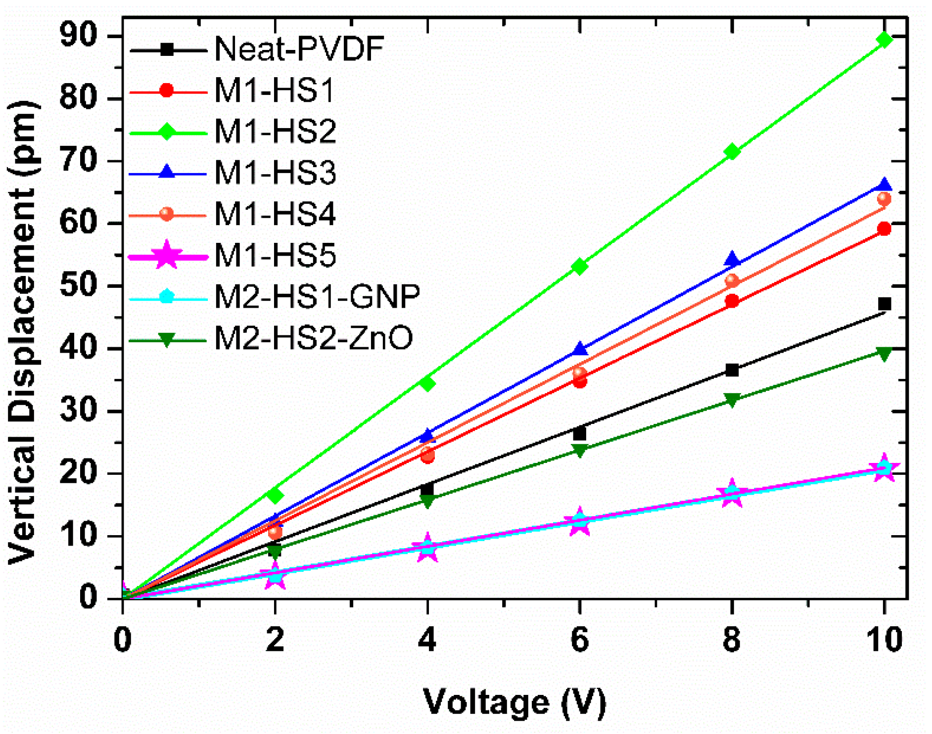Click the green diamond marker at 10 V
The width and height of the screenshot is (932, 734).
point(884,40)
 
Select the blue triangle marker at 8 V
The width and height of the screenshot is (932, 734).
point(732,259)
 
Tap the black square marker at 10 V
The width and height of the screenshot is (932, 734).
point(884,304)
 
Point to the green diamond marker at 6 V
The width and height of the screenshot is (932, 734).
point(579,267)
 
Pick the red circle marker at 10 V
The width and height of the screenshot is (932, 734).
point(884,229)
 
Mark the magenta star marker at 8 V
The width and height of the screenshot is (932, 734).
point(732,493)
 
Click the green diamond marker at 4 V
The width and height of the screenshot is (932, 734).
point(427,383)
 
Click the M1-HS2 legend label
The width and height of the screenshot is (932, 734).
point(275,132)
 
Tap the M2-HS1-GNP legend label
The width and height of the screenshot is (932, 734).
point(317,297)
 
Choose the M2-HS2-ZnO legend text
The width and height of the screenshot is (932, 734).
point(313,338)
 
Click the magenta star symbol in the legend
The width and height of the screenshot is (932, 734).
point(167,256)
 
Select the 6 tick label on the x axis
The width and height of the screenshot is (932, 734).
point(579,640)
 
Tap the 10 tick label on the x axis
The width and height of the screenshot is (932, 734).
point(884,640)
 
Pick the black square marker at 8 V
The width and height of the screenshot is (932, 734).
point(732,370)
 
